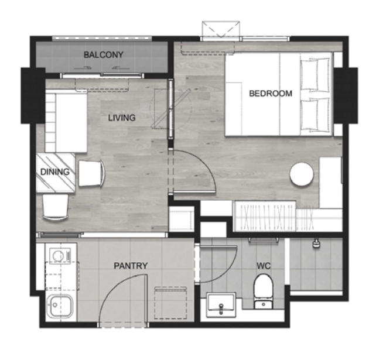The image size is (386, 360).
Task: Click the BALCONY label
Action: click(104, 54)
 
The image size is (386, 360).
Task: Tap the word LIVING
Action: click(122, 118)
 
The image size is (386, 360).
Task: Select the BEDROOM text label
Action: click(271, 94)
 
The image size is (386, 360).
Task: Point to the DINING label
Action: click(54, 172)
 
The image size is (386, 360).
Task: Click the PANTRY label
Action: click(131, 266)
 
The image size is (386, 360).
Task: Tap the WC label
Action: click(264, 266)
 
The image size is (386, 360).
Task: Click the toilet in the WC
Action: click(264, 292)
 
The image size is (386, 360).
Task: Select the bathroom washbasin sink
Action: click(221, 304)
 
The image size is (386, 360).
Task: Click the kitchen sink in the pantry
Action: click(60, 306)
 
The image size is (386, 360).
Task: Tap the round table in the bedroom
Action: click(302, 174)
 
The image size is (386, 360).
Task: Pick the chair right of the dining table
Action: click(91, 173)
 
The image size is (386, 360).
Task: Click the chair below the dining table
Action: click(55, 207)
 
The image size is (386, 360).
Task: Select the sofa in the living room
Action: click(66, 121)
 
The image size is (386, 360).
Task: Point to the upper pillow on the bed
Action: click(315, 75)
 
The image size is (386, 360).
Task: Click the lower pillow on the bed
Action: click(315, 114)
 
